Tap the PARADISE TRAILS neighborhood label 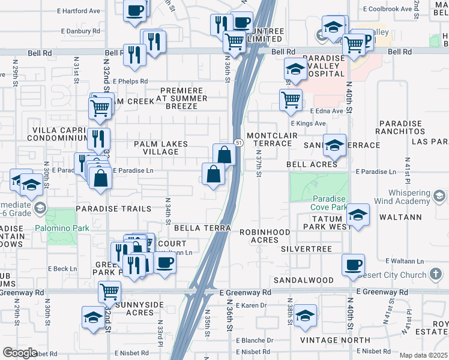point(113,209)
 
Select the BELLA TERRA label point(202,229)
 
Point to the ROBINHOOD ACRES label point(265,236)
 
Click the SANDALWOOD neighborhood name point(303,280)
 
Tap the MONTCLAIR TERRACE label point(273,139)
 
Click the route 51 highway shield point(239,143)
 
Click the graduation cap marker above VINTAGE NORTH point(306,316)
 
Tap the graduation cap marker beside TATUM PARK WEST point(358,215)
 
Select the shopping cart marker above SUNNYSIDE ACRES point(110,292)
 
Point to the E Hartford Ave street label point(79,11)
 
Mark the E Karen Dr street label point(251,305)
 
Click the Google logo point(20,353)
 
